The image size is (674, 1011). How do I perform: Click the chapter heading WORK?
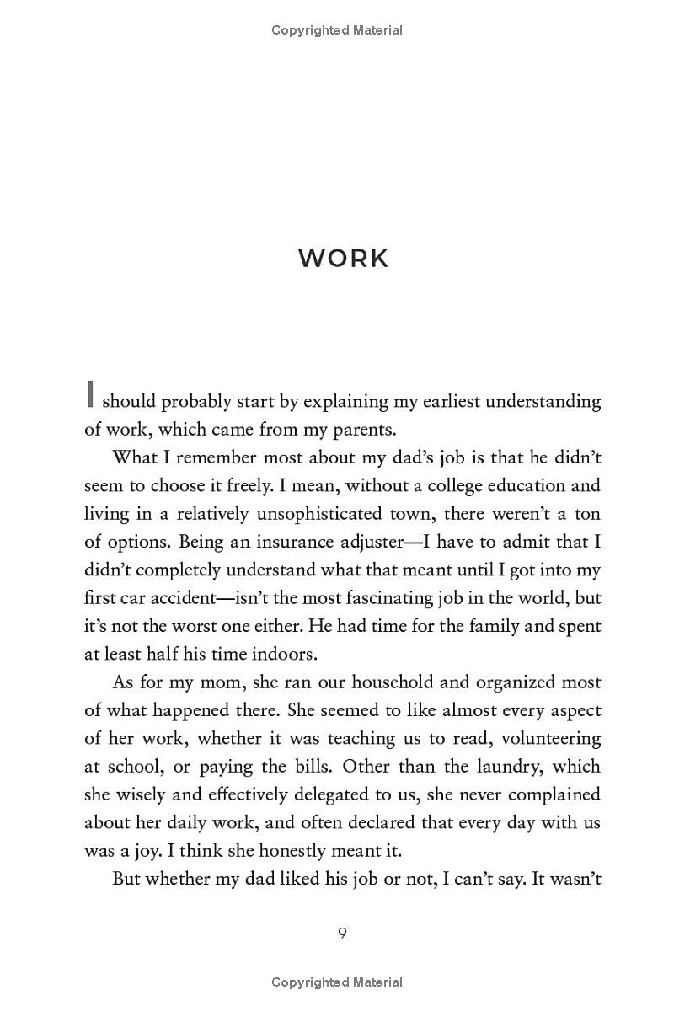coord(344,258)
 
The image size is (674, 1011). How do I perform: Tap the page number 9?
coord(342,933)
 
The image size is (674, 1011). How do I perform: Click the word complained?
coord(549,794)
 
